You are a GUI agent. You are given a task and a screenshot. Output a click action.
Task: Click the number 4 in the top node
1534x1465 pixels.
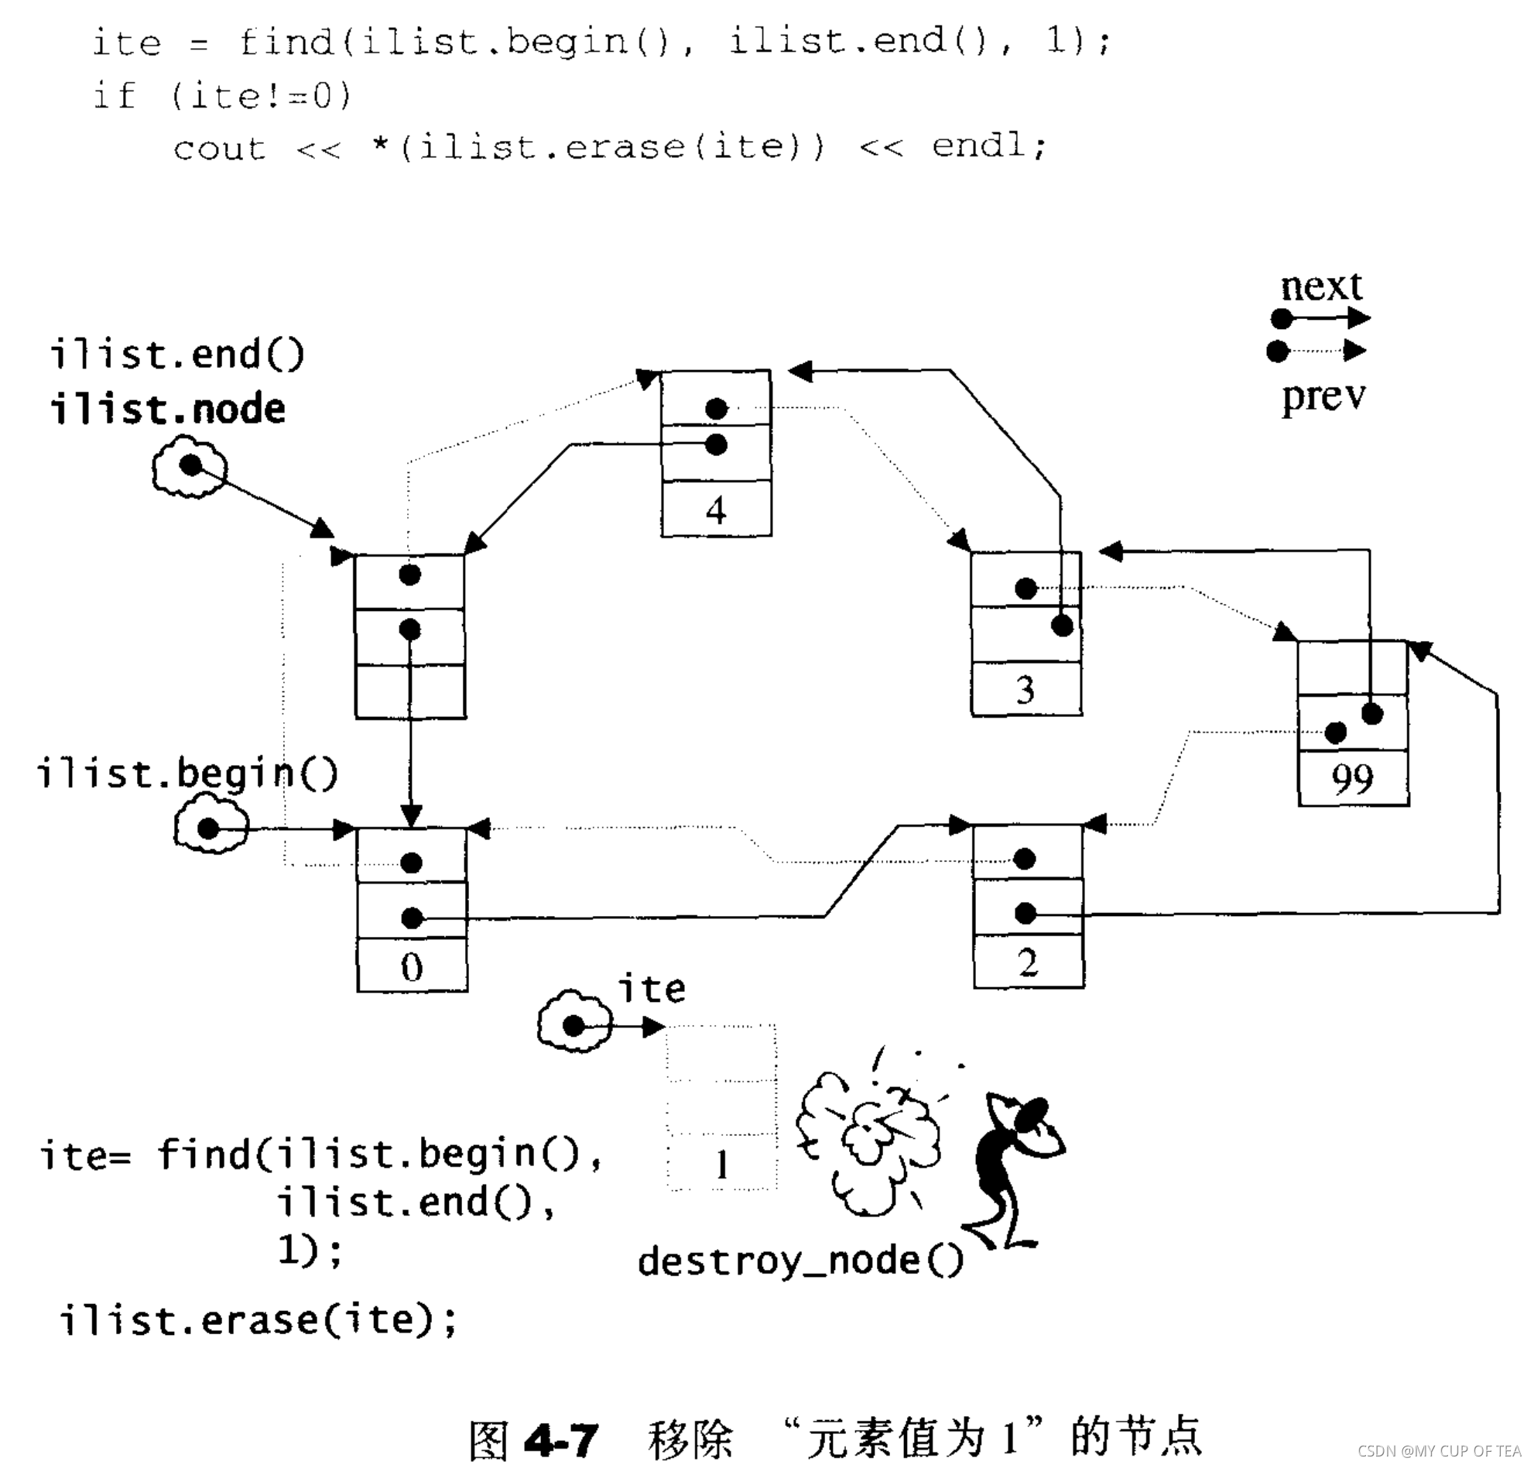pos(715,510)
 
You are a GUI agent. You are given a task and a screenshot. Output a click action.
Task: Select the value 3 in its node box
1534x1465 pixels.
pos(1025,690)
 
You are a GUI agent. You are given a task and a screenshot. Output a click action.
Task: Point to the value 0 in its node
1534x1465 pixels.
pos(412,967)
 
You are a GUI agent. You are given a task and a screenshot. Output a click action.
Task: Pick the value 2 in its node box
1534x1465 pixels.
pos(1027,963)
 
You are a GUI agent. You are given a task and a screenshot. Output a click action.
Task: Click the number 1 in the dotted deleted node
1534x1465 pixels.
pos(722,1165)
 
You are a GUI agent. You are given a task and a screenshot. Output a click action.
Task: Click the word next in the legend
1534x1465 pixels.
pos(1321,286)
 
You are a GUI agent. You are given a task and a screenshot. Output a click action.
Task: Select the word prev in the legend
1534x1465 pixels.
pos(1323,396)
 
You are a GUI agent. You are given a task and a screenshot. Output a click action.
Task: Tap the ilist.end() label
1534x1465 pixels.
pos(177,355)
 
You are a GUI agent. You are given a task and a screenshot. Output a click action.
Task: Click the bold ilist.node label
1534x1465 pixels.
pos(168,409)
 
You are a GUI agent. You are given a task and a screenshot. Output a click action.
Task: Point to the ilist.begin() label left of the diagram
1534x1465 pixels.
pos(187,773)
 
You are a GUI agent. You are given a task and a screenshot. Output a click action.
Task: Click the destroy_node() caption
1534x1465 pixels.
pos(800,1261)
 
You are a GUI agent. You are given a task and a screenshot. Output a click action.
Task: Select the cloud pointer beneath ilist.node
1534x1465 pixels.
pos(190,467)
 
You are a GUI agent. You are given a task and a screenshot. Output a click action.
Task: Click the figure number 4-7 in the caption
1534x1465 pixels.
pos(561,1439)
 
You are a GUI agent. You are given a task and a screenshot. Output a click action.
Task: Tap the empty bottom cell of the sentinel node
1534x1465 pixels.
pos(410,691)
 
